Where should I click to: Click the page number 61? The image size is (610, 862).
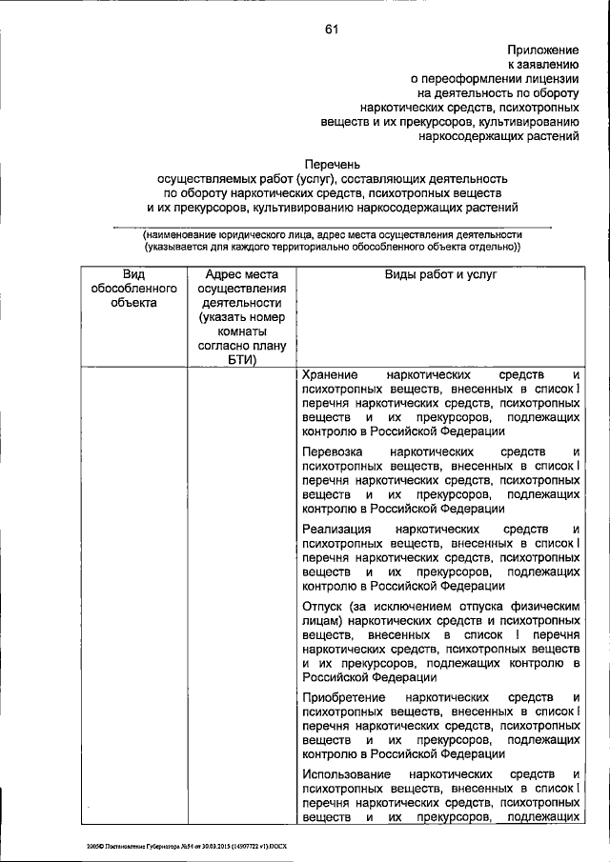pyautogui.click(x=332, y=30)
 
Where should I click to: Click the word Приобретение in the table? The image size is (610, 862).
pyautogui.click(x=344, y=697)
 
